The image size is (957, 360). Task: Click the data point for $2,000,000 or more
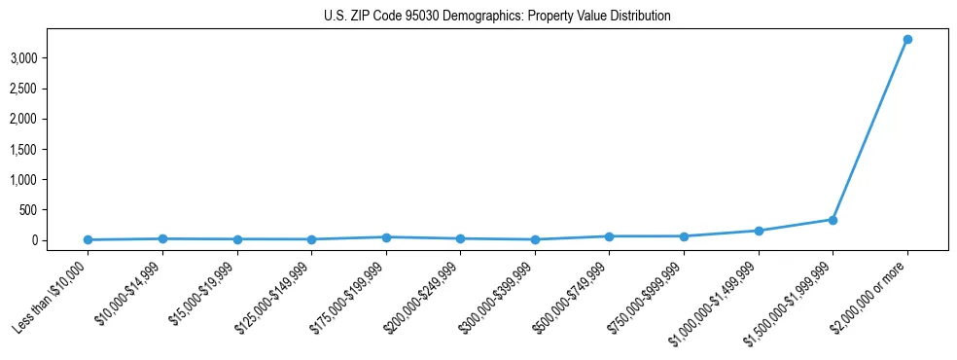coord(907,39)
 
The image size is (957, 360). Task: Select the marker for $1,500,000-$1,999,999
coord(833,220)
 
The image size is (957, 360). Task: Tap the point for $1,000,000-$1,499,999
coord(759,231)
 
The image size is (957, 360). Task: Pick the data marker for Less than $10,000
coord(88,239)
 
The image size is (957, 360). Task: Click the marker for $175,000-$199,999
coord(386,237)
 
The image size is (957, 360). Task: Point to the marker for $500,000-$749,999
coord(609,236)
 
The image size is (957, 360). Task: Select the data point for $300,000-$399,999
coord(535,239)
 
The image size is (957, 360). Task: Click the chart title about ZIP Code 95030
coord(497,17)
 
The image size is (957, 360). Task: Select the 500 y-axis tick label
coord(27,209)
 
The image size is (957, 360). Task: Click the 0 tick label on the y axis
coord(33,240)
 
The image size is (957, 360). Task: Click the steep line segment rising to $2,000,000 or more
coord(870,129)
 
